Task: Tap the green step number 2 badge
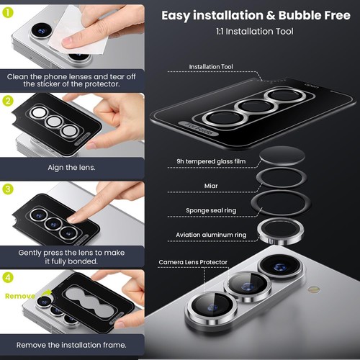point(9,102)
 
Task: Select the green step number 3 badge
point(9,189)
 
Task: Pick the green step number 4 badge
point(9,277)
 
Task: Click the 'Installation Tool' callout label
point(211,66)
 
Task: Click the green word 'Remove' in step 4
point(19,295)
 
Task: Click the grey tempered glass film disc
point(276,156)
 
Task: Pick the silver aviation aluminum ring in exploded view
point(276,231)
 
